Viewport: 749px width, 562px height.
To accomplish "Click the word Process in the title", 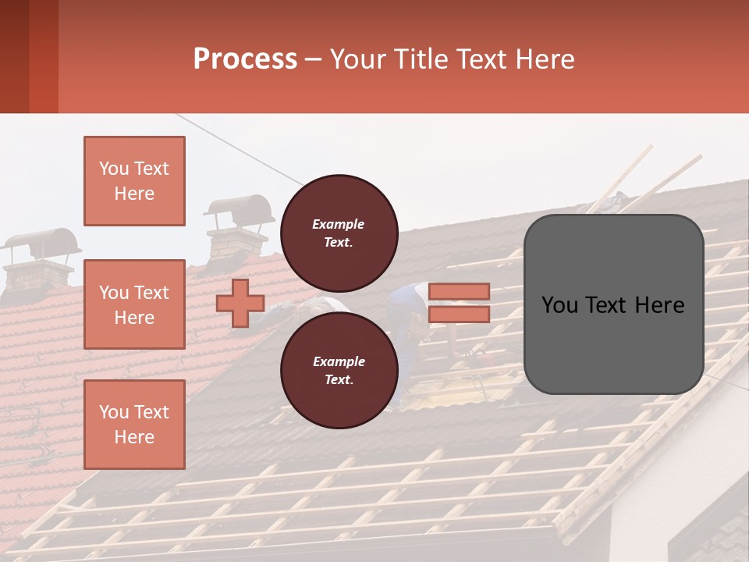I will pyautogui.click(x=245, y=59).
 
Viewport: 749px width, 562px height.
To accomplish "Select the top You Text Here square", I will pyautogui.click(x=134, y=181).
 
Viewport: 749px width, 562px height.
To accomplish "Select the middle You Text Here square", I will pyautogui.click(x=134, y=304).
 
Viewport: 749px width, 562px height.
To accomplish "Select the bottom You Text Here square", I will pyautogui.click(x=134, y=424).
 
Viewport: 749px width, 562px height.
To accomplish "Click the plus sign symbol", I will pyautogui.click(x=240, y=303).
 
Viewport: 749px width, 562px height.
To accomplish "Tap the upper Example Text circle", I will pyautogui.click(x=339, y=233).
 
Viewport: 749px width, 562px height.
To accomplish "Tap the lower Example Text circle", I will pyautogui.click(x=339, y=370).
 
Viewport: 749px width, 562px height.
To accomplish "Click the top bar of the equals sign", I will pyautogui.click(x=459, y=291).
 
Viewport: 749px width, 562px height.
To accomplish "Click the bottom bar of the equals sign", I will pyautogui.click(x=459, y=314).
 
